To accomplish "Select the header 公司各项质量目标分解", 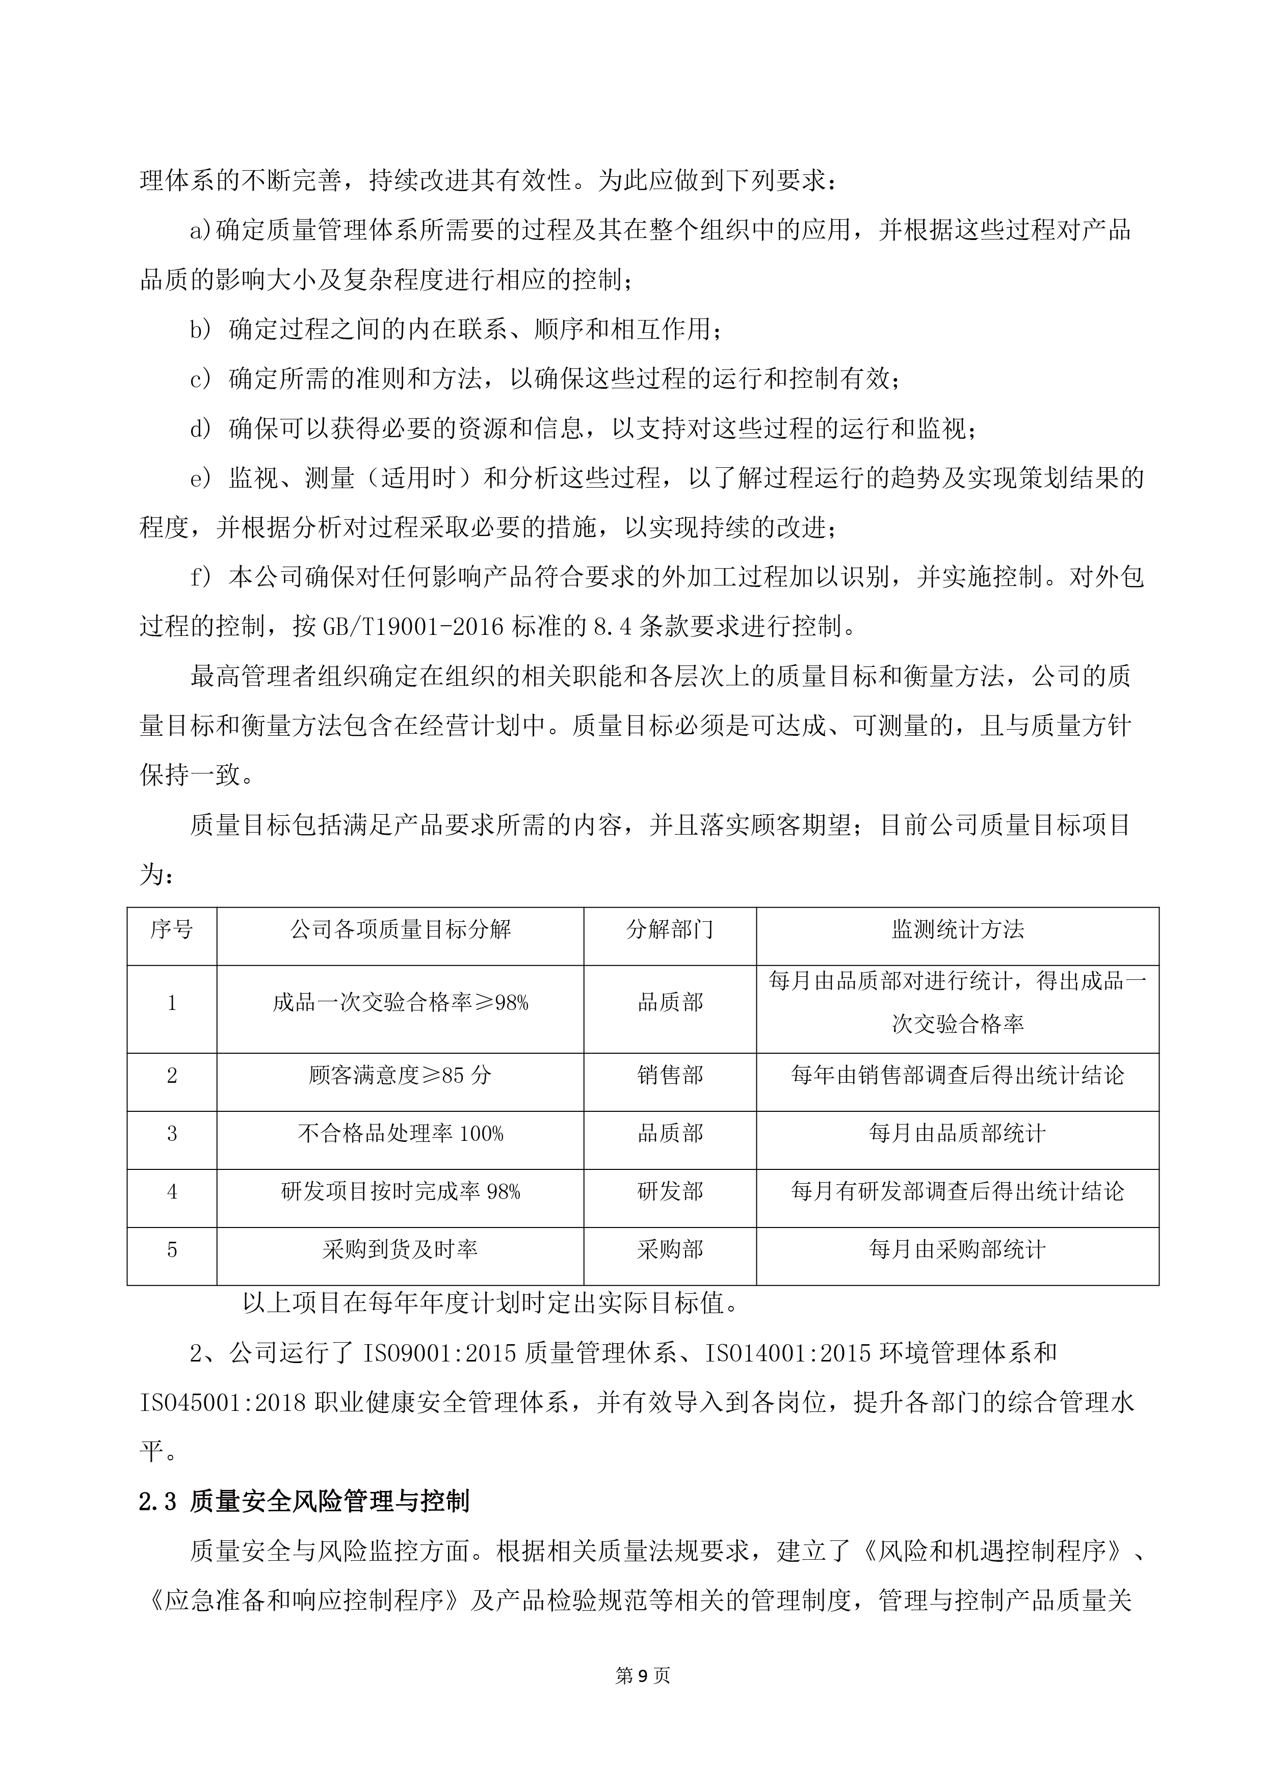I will tap(401, 928).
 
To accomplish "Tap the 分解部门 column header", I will tap(670, 928).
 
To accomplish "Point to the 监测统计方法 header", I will tap(957, 928).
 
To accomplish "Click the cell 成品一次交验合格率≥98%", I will tap(401, 1003).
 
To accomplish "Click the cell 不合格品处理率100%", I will tap(401, 1134).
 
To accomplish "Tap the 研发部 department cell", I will tap(670, 1191).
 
